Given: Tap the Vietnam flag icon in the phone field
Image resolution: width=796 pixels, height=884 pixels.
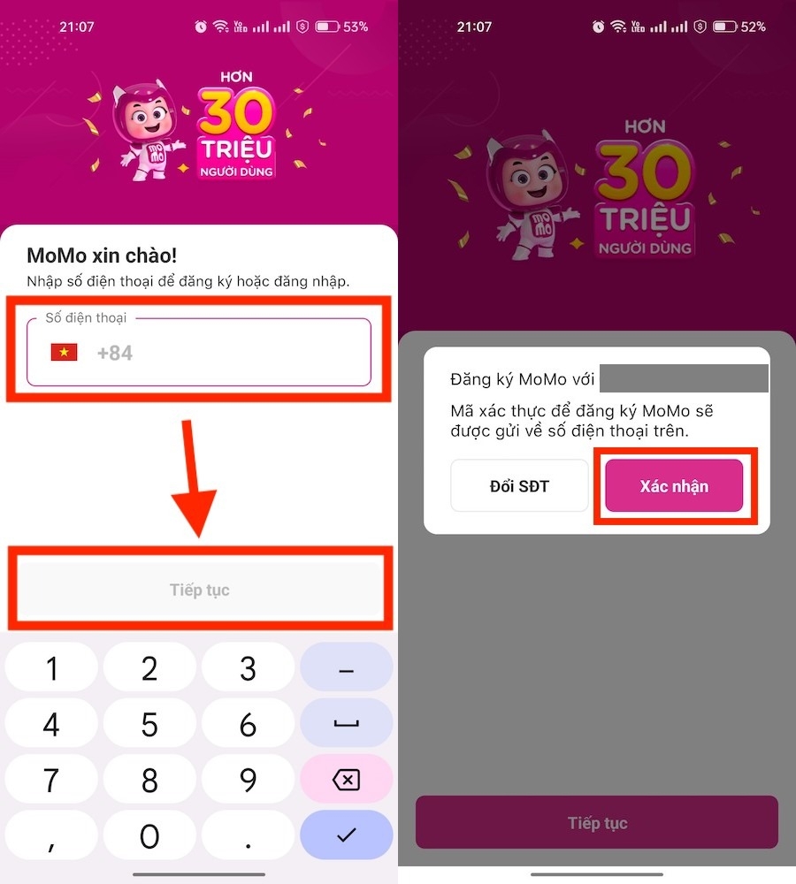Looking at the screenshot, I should pyautogui.click(x=64, y=353).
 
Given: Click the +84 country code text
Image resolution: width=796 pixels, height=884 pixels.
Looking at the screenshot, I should pyautogui.click(x=115, y=354).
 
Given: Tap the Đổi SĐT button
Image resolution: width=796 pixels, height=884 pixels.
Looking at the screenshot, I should pyautogui.click(x=519, y=486).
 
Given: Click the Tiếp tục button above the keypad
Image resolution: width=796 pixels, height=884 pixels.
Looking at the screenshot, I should pyautogui.click(x=199, y=590).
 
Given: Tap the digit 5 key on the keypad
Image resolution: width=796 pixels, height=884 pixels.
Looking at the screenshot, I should pyautogui.click(x=149, y=726).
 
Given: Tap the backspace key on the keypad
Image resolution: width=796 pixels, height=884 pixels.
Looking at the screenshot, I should pyautogui.click(x=346, y=780).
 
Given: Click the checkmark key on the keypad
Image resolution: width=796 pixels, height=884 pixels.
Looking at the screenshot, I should pyautogui.click(x=346, y=834).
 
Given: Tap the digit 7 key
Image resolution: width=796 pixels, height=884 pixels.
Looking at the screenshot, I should pyautogui.click(x=51, y=780).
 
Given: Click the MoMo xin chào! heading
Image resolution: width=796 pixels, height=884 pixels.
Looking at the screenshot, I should pyautogui.click(x=102, y=256).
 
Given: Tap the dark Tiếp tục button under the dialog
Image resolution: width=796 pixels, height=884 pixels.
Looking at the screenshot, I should pyautogui.click(x=597, y=823).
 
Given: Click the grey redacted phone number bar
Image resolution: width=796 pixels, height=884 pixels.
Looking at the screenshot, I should pyautogui.click(x=683, y=379).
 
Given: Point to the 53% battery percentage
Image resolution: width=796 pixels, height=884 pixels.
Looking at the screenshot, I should pyautogui.click(x=356, y=27).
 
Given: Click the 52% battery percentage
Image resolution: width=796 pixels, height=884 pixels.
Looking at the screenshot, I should pyautogui.click(x=753, y=27).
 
